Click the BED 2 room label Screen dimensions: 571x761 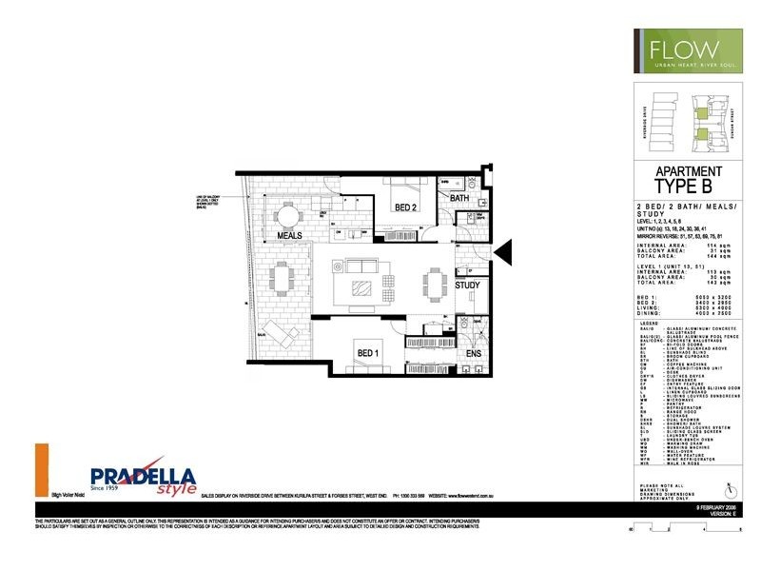(406, 207)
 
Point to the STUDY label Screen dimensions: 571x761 (466, 285)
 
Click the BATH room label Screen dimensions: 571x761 (459, 198)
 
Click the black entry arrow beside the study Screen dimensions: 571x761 (504, 252)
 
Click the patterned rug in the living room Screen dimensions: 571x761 (362, 287)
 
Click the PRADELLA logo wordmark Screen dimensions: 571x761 (144, 476)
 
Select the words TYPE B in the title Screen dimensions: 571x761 (690, 187)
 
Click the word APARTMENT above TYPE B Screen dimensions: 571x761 (689, 171)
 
